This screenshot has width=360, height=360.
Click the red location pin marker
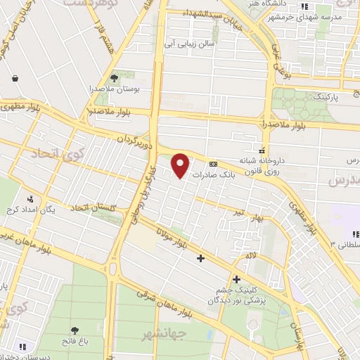click(x=181, y=165)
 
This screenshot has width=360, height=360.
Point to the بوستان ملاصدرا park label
click(x=114, y=90)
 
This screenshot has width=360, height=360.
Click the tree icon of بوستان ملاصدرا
click(x=115, y=78)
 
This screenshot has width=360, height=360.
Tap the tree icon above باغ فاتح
click(x=75, y=330)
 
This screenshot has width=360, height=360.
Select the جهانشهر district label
click(x=159, y=333)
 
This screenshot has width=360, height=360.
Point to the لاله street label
click(x=250, y=257)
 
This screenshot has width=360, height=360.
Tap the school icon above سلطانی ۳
click(x=354, y=234)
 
